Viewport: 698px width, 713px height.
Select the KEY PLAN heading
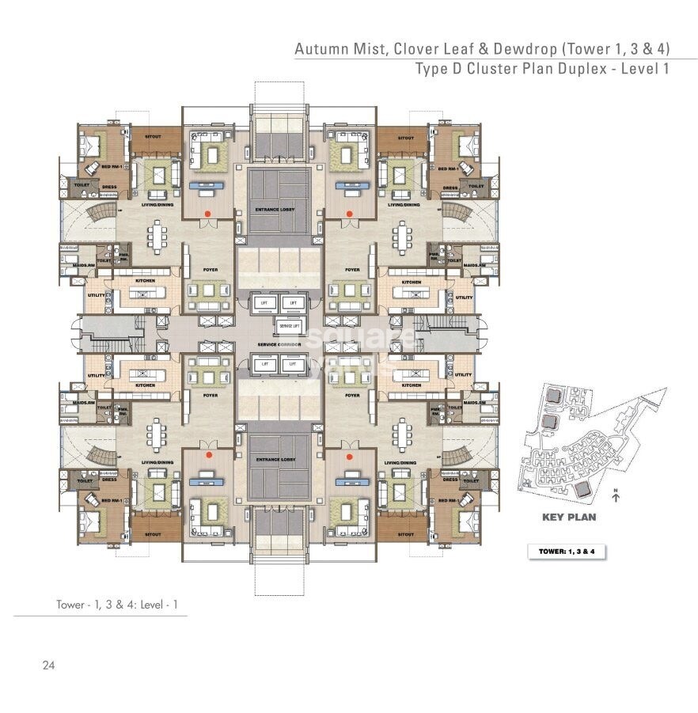tap(568, 518)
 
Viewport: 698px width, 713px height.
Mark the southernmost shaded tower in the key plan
tap(585, 489)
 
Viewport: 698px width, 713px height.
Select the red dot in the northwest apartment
tap(208, 213)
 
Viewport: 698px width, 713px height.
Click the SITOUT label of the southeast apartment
tap(407, 534)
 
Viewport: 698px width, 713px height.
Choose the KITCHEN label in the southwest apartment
tap(144, 385)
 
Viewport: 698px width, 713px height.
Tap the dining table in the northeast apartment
tap(404, 234)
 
